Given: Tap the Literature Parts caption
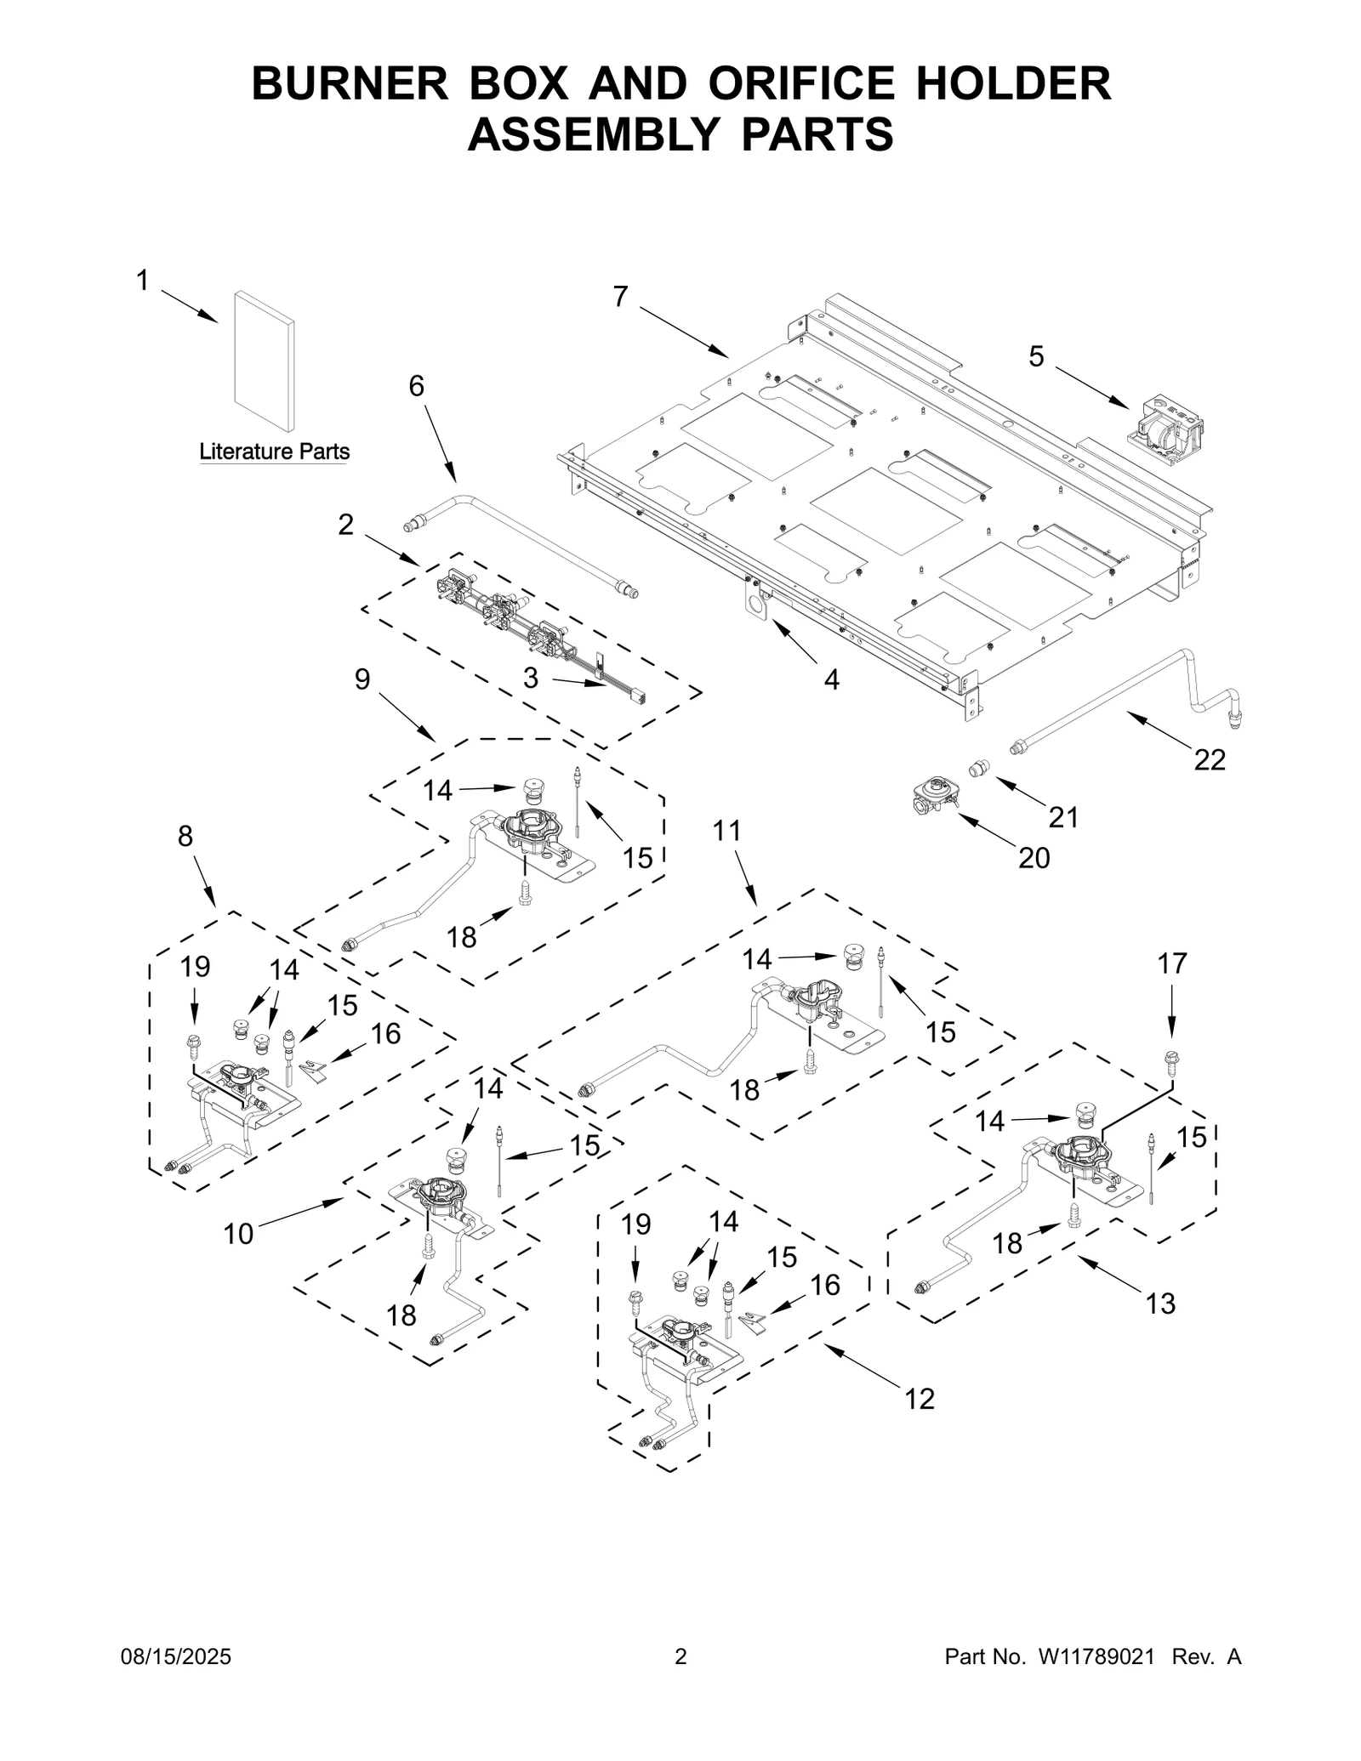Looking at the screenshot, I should pos(274,452).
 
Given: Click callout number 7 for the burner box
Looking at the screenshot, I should pos(621,297).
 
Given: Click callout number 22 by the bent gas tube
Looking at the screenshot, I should pos(1209,759).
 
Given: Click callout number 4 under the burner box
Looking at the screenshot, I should pos(831,679).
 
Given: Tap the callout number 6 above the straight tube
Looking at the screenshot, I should pos(416,386).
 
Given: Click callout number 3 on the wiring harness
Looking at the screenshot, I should pos(531,678).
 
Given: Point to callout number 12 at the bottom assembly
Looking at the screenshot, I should pos(920,1398).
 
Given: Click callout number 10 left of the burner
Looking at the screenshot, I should pos(238,1234).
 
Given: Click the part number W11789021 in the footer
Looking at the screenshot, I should pos(1096,1680).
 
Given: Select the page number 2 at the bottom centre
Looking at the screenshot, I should pos(680,1680).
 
